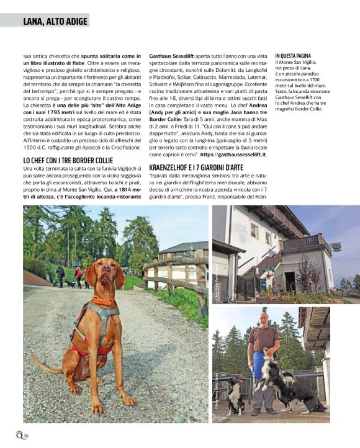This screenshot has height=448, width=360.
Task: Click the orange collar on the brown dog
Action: pyautogui.click(x=104, y=302)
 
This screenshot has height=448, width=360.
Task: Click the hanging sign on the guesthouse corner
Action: pyautogui.click(x=336, y=246)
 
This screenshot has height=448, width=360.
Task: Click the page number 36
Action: pyautogui.click(x=25, y=436)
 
